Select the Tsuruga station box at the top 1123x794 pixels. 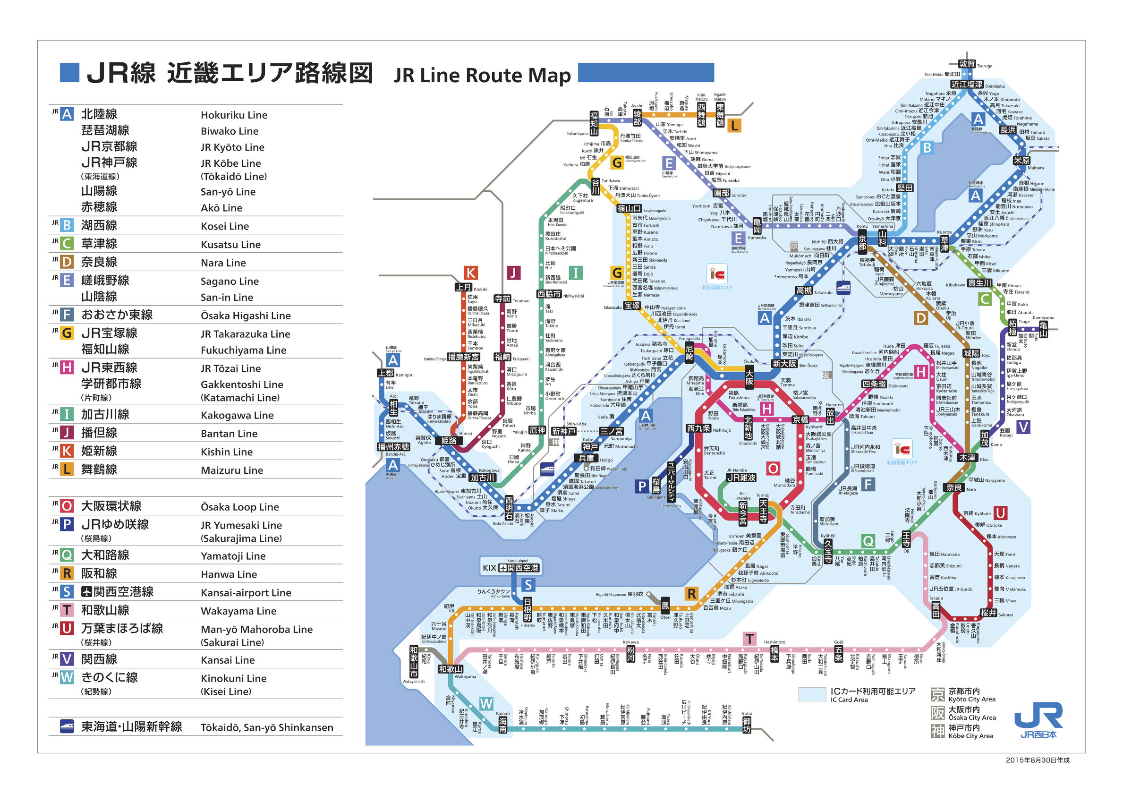(x=967, y=64)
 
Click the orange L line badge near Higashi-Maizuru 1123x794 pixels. (x=734, y=126)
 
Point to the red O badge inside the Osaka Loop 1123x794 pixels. (x=773, y=468)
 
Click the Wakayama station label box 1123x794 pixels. (x=450, y=669)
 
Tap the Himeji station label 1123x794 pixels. (x=449, y=440)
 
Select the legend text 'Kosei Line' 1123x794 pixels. (x=224, y=226)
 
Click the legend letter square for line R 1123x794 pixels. (x=67, y=573)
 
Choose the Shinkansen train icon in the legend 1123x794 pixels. (x=67, y=726)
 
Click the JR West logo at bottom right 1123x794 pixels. (x=1038, y=719)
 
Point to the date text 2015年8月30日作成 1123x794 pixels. (x=1037, y=760)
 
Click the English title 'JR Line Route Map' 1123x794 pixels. (x=482, y=76)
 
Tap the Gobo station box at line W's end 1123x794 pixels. (x=746, y=725)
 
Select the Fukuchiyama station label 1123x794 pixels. (x=594, y=123)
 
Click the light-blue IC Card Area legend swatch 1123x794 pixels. (x=811, y=694)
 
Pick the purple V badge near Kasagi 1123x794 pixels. (x=1023, y=427)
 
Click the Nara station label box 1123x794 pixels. (x=953, y=487)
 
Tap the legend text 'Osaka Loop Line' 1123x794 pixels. (x=240, y=507)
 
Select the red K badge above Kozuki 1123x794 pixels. (x=470, y=273)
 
